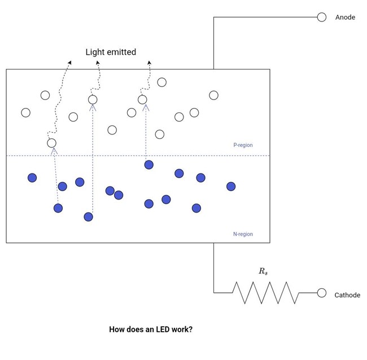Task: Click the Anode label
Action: click(345, 18)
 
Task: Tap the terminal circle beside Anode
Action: click(322, 17)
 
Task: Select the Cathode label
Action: click(347, 295)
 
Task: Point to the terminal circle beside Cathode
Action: click(322, 293)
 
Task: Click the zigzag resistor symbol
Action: click(265, 293)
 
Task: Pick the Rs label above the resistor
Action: click(263, 271)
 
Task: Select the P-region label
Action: click(243, 145)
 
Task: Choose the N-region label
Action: click(243, 234)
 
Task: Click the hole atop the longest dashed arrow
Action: click(93, 99)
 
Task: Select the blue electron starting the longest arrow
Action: click(88, 216)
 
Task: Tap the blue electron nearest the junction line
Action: click(148, 164)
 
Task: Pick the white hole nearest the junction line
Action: click(51, 143)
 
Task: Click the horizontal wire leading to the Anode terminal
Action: click(265, 18)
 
